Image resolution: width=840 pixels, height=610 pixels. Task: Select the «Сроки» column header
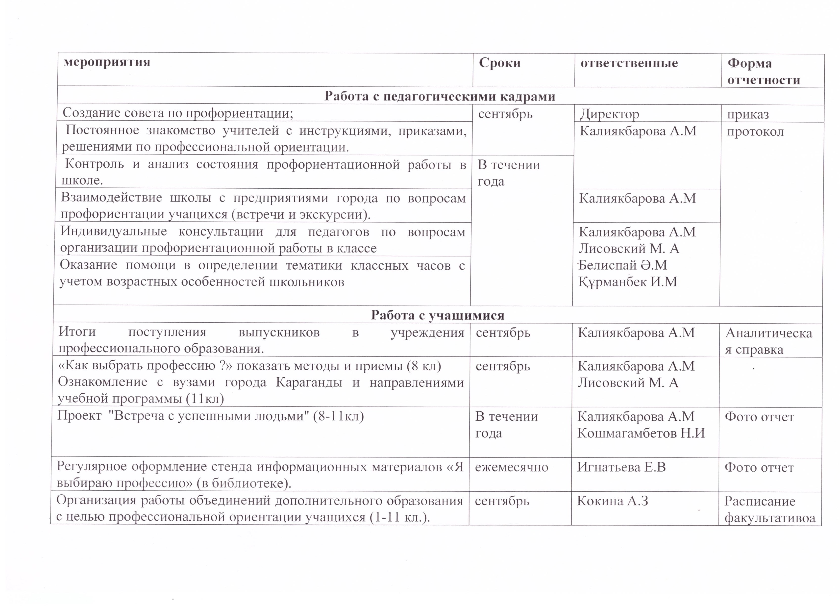[500, 63]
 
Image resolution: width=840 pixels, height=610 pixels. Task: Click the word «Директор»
[609, 114]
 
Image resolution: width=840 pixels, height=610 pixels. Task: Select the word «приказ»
[748, 114]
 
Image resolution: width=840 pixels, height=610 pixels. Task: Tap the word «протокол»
[755, 131]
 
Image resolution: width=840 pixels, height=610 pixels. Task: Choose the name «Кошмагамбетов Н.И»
[641, 433]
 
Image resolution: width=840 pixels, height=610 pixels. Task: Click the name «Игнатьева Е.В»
[621, 467]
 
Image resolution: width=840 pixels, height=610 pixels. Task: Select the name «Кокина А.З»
[612, 501]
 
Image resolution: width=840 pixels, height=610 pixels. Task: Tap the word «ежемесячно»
[512, 467]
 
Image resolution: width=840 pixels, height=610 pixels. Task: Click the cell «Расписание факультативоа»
[770, 509]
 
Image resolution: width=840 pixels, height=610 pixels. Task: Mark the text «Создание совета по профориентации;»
[178, 113]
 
